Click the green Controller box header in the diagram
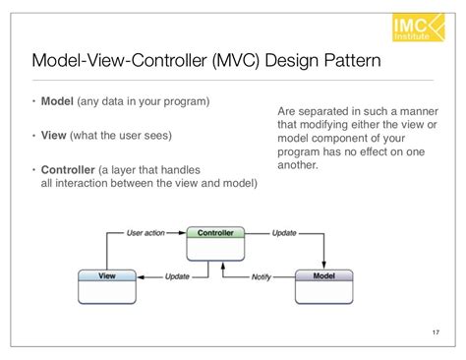214,233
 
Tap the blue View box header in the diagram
105,276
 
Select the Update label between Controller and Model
282,233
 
